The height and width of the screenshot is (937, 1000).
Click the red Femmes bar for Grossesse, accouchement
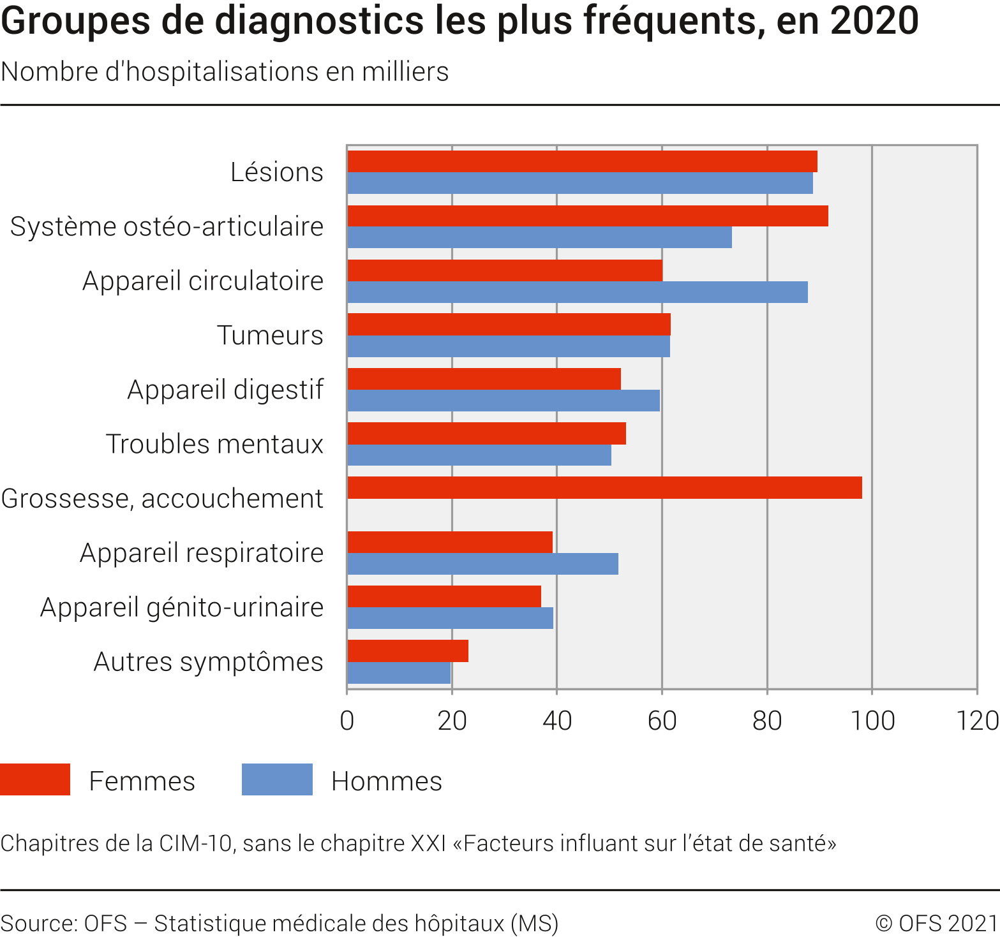[604, 487]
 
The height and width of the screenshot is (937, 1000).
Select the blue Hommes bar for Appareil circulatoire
[578, 292]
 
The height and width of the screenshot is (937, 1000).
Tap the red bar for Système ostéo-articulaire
[588, 216]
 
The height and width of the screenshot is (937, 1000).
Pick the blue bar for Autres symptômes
[399, 673]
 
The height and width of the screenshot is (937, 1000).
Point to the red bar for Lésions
[582, 161]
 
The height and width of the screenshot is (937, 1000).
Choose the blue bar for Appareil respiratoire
[482, 564]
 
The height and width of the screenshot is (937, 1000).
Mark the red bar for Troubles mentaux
[486, 433]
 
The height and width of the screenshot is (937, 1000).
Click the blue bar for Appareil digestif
[504, 401]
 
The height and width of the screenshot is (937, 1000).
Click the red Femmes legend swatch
[35, 779]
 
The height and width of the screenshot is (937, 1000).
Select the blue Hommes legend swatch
[277, 779]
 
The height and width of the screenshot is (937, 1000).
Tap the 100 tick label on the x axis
[872, 721]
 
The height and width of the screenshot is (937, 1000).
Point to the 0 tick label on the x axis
[347, 721]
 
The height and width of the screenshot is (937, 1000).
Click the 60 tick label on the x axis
[662, 721]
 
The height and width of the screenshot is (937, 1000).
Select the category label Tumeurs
[270, 335]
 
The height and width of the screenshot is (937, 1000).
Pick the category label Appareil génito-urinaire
[182, 607]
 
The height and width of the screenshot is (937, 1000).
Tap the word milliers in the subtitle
[405, 72]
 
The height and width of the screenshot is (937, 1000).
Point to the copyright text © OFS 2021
[936, 923]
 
